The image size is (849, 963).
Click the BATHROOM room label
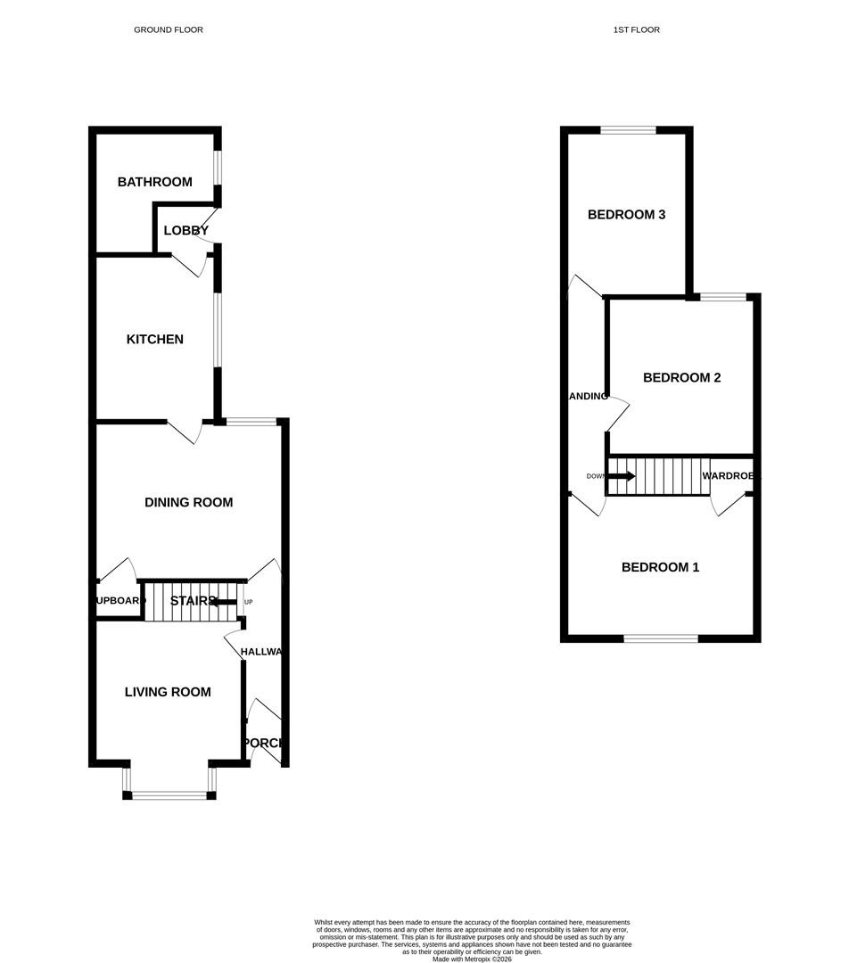154,182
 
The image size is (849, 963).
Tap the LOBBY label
185,230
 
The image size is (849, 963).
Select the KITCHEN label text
154,339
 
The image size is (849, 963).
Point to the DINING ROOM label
188,502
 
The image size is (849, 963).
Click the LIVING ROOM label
168,691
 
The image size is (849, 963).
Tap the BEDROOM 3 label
626,214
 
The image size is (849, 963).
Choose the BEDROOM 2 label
681,377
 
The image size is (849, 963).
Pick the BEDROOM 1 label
660,567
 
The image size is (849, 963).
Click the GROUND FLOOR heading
169,29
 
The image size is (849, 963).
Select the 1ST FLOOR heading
636,29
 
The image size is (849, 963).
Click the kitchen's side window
217,330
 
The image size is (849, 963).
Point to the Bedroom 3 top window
628,131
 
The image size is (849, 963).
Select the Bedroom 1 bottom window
660,638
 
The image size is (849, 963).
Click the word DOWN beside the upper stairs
595,476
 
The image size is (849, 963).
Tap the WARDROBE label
730,476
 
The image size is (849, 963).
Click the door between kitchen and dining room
185,432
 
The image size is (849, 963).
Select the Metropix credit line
472,959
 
